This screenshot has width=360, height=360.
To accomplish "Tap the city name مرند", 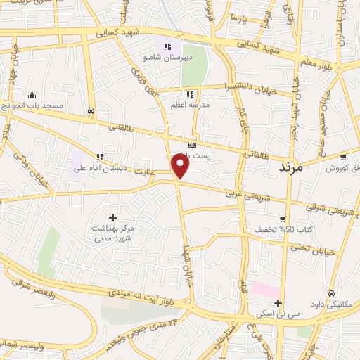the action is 290,167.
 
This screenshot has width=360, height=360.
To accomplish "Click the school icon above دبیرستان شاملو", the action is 167,47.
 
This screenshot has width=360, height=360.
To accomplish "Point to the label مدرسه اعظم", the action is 189,105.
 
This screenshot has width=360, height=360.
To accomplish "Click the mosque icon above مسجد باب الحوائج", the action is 31,95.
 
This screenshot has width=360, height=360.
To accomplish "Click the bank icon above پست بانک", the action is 192,144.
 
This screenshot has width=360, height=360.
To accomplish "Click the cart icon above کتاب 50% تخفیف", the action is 283,219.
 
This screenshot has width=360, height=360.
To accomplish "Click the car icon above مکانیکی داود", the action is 330,293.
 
